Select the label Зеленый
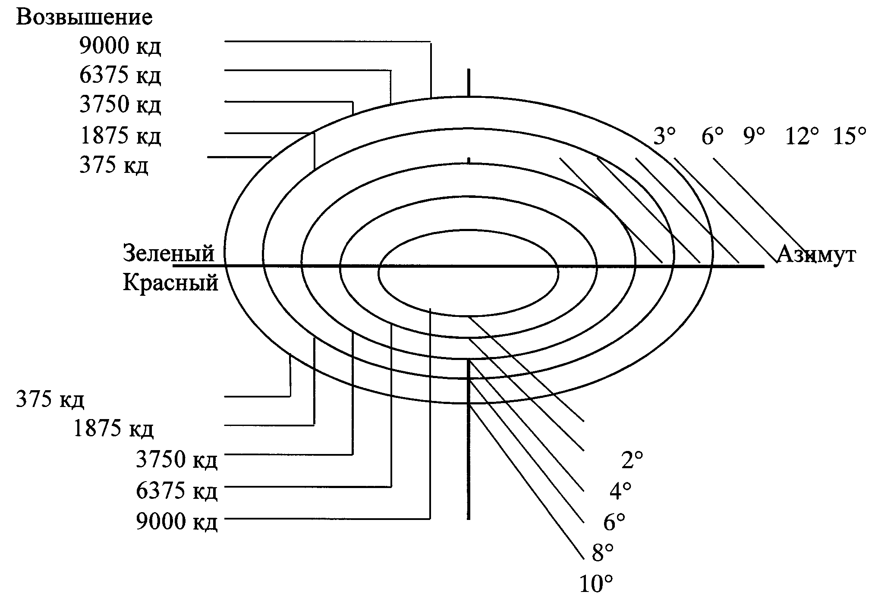coord(169,253)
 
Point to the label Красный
coord(170,283)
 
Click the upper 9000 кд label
coord(120,46)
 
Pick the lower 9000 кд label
coord(176,521)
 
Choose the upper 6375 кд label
coord(120,75)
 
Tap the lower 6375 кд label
coord(176,491)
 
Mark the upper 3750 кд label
coord(120,105)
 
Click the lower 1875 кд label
coord(113,429)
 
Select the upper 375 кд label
coord(113,165)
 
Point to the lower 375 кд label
coord(50,399)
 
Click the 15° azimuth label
coord(849,136)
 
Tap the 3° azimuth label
coord(664,136)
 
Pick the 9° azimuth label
coord(754,136)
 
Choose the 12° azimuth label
coord(802,136)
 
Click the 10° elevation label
coord(596,585)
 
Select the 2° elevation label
coord(632,460)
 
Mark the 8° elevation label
coord(603,553)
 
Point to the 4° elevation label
coord(620,491)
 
